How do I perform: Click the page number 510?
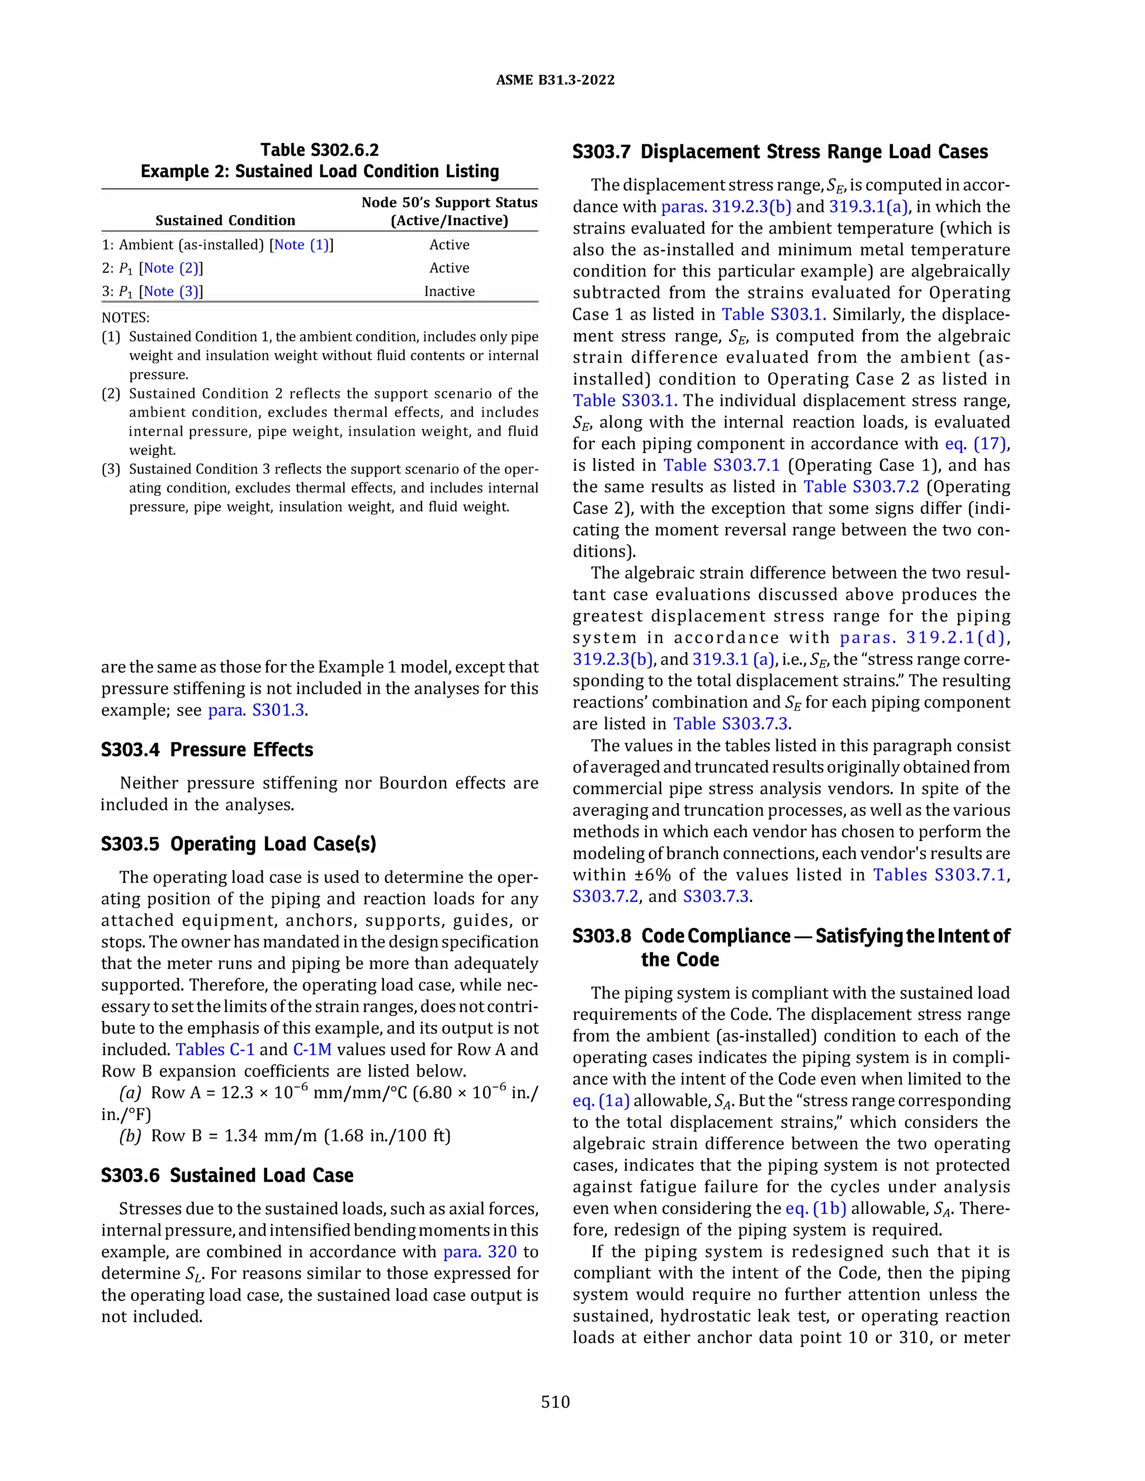555,1402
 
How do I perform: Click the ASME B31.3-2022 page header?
555,80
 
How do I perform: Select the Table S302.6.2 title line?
319,150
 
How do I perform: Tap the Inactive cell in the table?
449,291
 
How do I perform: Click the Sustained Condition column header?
225,220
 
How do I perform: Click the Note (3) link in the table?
171,291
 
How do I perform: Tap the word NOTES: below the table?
125,317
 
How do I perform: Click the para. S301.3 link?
257,710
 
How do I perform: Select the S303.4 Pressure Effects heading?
207,749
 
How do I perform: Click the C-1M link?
312,1049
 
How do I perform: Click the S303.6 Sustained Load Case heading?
227,1175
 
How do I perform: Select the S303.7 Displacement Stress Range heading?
780,151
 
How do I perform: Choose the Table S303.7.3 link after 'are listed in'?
730,724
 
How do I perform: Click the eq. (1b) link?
816,1208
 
